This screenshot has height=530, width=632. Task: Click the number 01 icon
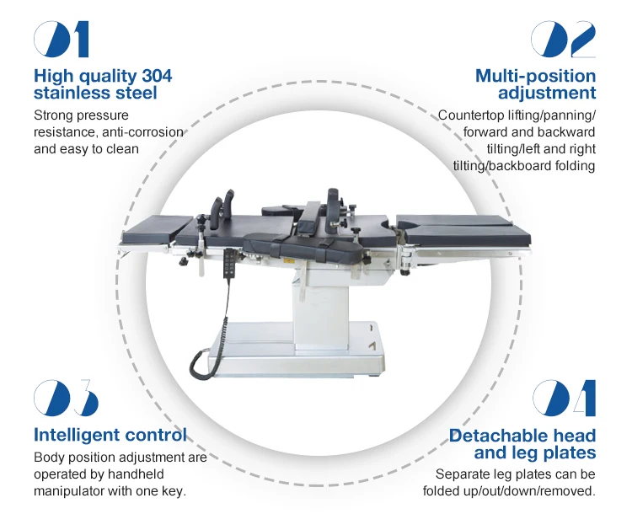[61, 40]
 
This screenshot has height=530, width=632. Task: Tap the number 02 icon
[563, 40]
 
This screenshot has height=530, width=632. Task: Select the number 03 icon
[66, 399]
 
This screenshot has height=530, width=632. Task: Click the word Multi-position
[535, 76]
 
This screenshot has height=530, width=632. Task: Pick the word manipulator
[74, 491]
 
